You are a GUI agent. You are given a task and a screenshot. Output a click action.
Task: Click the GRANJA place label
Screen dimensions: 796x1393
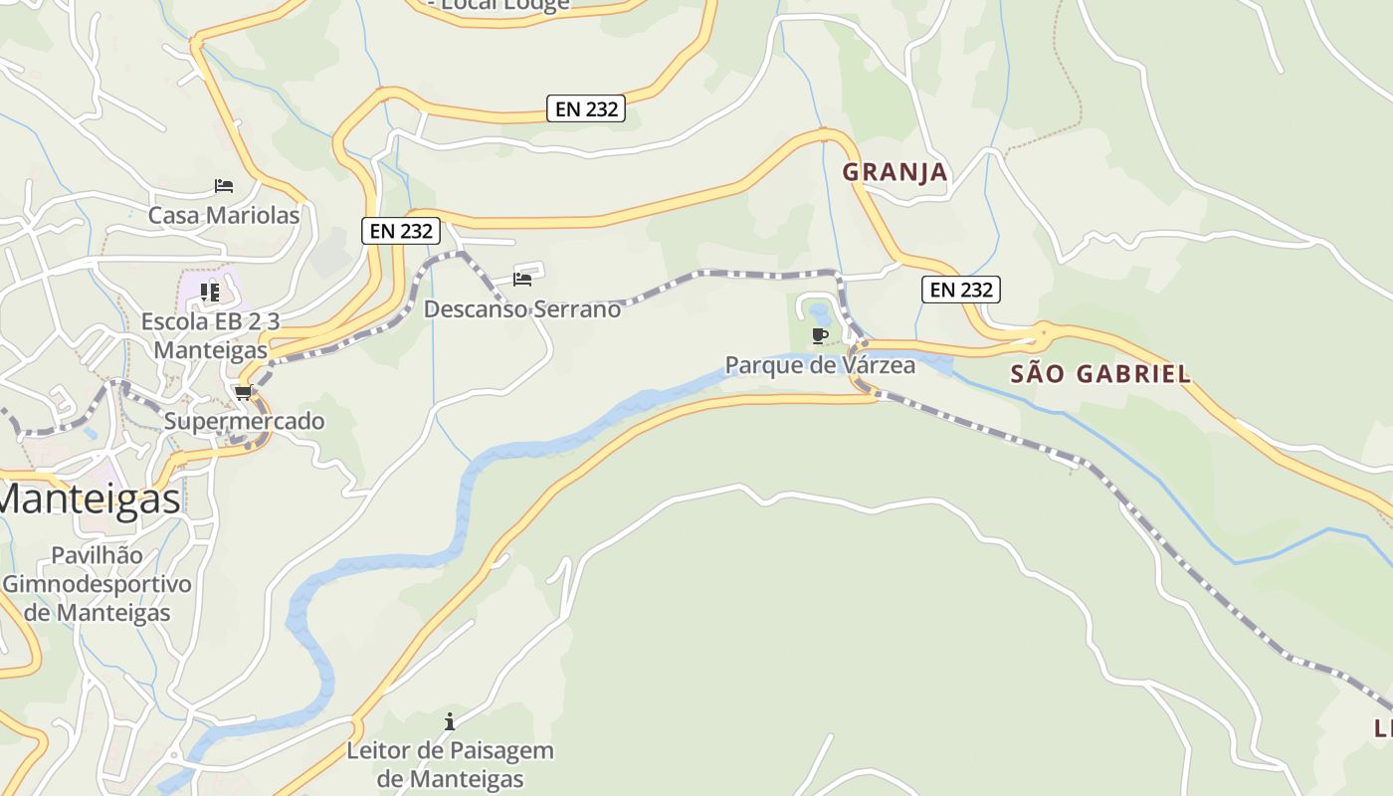895,172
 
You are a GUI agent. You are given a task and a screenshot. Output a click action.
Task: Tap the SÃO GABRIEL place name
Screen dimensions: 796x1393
1100,374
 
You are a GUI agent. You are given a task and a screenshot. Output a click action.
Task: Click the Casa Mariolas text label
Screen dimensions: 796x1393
224,215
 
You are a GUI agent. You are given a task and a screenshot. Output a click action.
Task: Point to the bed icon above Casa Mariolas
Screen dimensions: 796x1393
224,186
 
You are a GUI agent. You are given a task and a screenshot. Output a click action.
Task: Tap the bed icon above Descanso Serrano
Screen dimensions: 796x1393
522,280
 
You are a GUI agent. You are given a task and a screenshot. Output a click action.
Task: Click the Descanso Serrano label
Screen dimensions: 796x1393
522,309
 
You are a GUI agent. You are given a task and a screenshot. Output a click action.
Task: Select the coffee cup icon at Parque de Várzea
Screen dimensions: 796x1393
820,335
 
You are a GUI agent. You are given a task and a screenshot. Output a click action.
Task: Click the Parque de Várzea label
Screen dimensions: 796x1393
820,365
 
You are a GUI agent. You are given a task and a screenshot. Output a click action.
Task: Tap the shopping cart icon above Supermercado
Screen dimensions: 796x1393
244,393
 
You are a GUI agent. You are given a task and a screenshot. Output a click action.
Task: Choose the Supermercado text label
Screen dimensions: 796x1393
244,421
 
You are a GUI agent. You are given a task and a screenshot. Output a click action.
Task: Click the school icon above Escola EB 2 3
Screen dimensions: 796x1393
210,292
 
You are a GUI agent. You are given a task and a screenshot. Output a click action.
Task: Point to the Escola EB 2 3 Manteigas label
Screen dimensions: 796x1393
210,335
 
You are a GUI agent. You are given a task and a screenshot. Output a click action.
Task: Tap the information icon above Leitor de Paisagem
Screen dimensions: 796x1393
450,720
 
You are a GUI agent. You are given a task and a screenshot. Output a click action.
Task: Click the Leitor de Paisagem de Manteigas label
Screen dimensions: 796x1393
450,763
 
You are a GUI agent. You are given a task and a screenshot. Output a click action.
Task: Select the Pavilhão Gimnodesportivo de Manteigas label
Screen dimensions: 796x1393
97,583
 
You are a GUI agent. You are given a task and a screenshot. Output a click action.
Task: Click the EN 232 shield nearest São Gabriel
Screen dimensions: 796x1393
960,290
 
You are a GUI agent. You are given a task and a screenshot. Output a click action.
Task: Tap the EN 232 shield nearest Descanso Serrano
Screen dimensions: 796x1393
400,231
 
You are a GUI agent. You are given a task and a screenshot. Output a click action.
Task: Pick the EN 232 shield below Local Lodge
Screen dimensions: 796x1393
586,108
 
